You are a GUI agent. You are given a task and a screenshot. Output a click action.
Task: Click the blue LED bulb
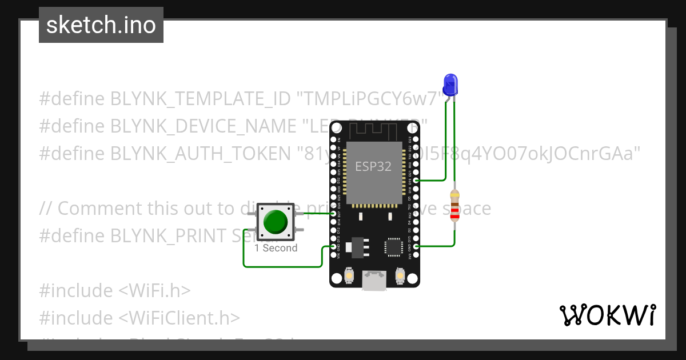(x=450, y=84)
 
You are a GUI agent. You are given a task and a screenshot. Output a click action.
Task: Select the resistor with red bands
(x=454, y=206)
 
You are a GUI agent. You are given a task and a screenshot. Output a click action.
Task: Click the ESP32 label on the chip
(x=373, y=166)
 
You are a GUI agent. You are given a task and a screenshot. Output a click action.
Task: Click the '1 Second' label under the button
(x=276, y=248)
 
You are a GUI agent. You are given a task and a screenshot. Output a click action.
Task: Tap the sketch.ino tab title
(x=101, y=25)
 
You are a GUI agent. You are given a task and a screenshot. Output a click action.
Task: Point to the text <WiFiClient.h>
(x=180, y=318)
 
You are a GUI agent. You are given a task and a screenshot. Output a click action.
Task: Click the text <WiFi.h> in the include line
(x=154, y=290)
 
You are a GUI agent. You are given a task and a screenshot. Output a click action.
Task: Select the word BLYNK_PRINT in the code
(x=166, y=235)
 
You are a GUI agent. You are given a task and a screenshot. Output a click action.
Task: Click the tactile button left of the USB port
(x=349, y=277)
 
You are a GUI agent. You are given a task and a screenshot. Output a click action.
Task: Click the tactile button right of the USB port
(x=400, y=277)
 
